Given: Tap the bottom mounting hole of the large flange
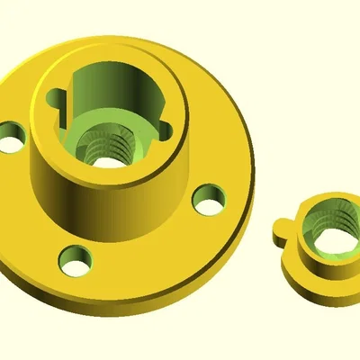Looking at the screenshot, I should click(x=76, y=262).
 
